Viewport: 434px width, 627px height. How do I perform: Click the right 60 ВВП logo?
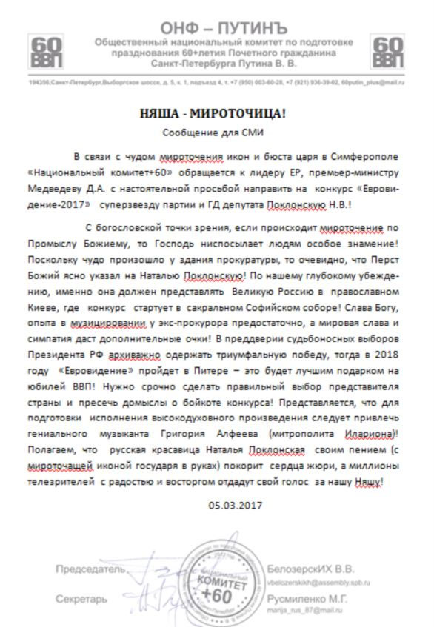[389, 52]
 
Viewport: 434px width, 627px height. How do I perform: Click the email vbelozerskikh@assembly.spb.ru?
[321, 581]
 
